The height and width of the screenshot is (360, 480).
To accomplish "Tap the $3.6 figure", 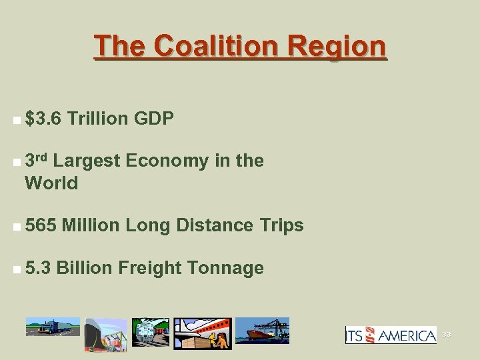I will pyautogui.click(x=43, y=119).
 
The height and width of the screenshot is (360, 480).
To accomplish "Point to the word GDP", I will pyautogui.click(x=154, y=119).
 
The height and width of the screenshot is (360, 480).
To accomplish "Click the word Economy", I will pyautogui.click(x=166, y=161).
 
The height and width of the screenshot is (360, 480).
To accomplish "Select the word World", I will pyautogui.click(x=51, y=183).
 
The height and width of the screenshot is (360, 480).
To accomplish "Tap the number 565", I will pyautogui.click(x=41, y=225).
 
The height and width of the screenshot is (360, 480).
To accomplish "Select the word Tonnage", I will pyautogui.click(x=226, y=268).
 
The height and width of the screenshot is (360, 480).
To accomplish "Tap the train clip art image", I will pyautogui.click(x=150, y=332).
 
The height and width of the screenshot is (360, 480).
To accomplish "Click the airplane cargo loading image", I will pyautogui.click(x=203, y=333).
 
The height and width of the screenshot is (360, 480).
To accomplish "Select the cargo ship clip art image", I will pyautogui.click(x=263, y=331).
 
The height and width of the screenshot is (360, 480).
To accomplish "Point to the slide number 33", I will pyautogui.click(x=446, y=335).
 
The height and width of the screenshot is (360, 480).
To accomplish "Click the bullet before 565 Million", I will pyautogui.click(x=15, y=227).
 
